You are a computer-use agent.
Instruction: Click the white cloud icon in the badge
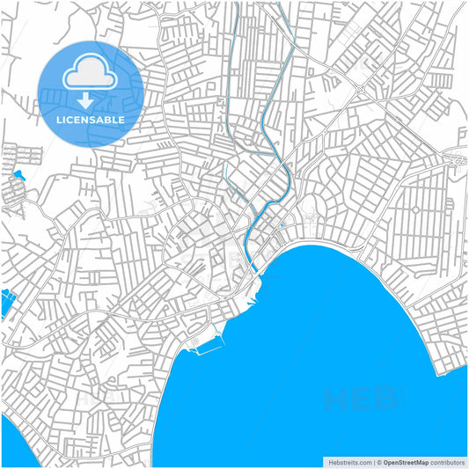91,73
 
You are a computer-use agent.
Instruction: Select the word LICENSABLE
91,119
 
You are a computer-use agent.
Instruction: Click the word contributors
448,462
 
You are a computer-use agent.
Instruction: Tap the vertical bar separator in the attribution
372,462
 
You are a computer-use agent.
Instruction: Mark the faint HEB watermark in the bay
361,400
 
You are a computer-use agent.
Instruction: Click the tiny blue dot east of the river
282,225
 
